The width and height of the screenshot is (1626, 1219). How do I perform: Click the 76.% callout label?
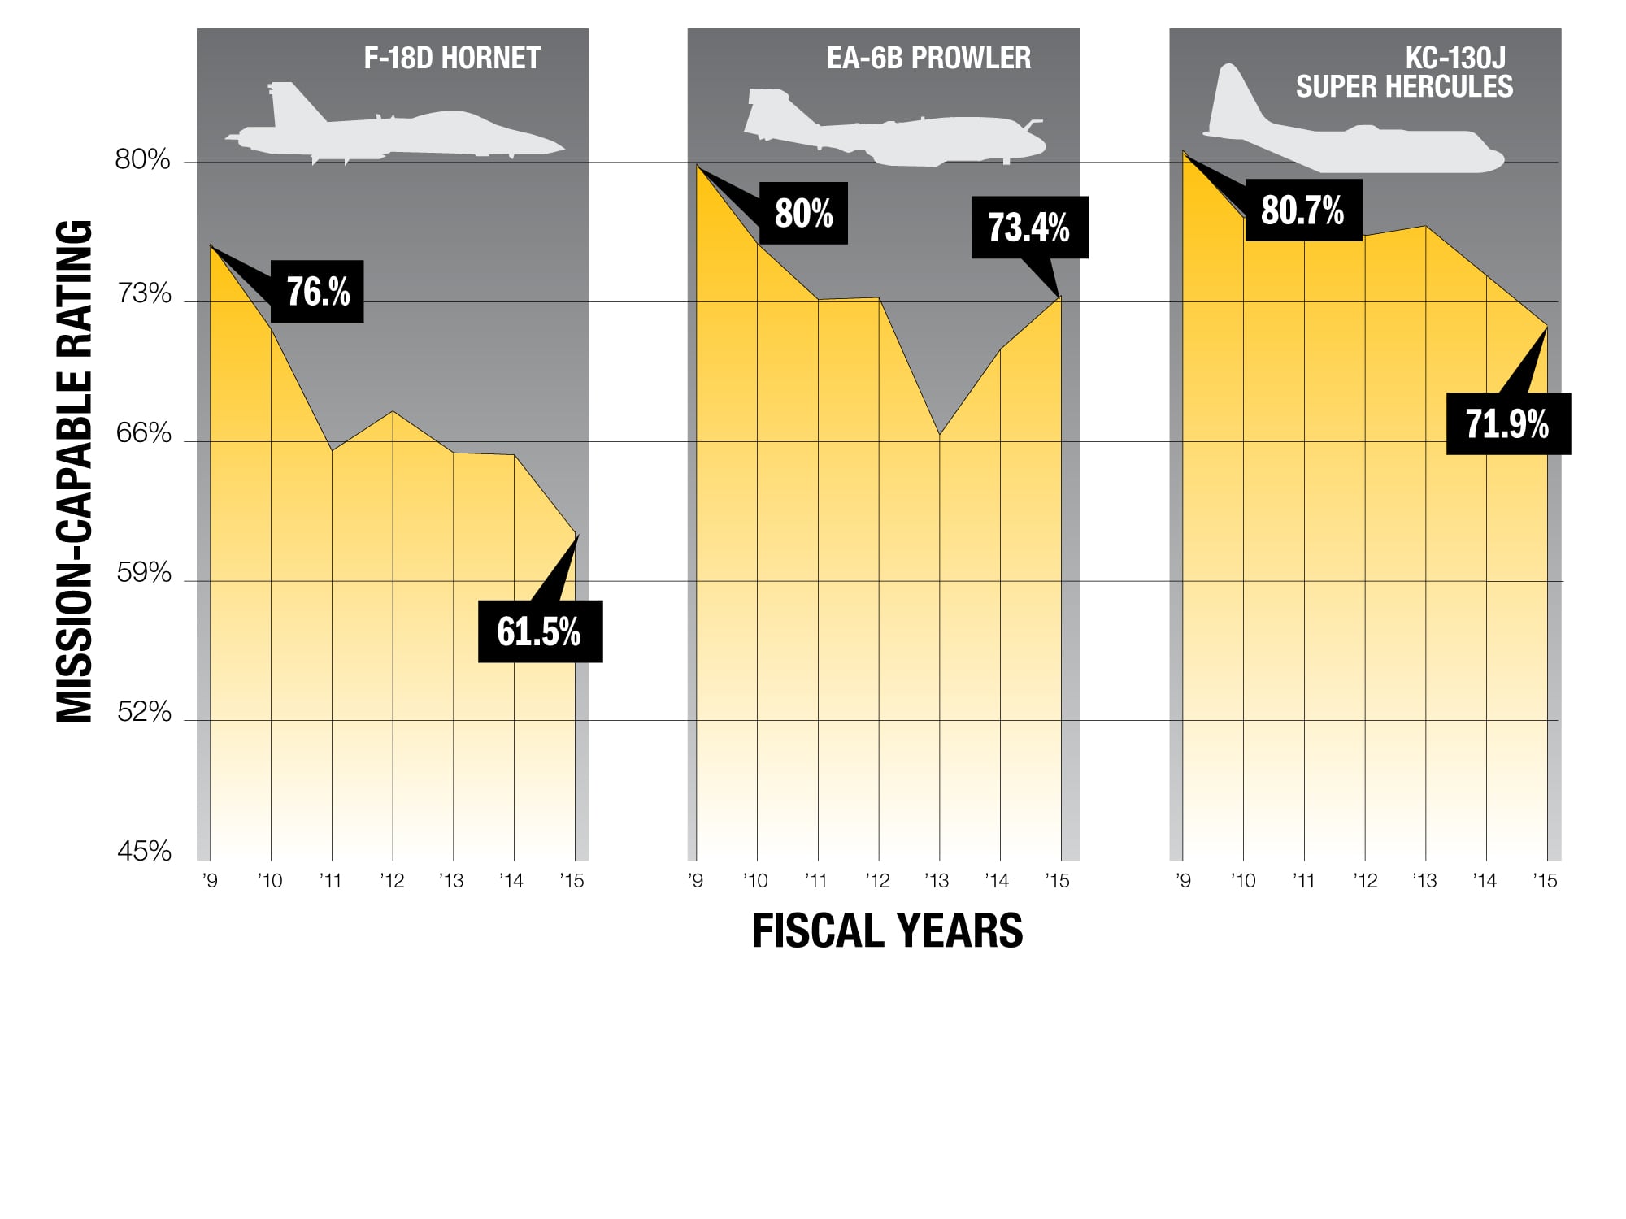[317, 292]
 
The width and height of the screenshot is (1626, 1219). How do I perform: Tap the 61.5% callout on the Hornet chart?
[540, 631]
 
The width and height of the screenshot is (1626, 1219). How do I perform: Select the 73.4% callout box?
[1029, 228]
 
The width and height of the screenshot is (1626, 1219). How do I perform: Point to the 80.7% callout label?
[1303, 210]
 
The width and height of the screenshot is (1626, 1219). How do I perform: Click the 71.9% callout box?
[1508, 423]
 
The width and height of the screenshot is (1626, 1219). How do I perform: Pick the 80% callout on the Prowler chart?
[803, 213]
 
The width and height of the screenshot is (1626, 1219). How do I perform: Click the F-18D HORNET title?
[452, 59]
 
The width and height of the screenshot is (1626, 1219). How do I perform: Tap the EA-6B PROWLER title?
[928, 59]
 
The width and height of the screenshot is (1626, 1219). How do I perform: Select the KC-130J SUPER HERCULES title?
[1404, 72]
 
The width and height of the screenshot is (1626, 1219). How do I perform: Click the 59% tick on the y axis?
[144, 573]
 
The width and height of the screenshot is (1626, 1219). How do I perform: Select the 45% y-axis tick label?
[144, 852]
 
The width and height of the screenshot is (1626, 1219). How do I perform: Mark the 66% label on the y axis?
[144, 433]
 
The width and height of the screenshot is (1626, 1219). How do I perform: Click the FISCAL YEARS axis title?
[887, 931]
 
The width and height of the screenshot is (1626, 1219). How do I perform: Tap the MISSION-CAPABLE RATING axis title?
[75, 471]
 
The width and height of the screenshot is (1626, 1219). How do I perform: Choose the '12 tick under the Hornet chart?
[392, 881]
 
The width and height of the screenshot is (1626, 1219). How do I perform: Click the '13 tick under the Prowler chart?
[937, 881]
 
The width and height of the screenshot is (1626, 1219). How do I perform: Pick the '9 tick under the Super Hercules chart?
[1184, 881]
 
